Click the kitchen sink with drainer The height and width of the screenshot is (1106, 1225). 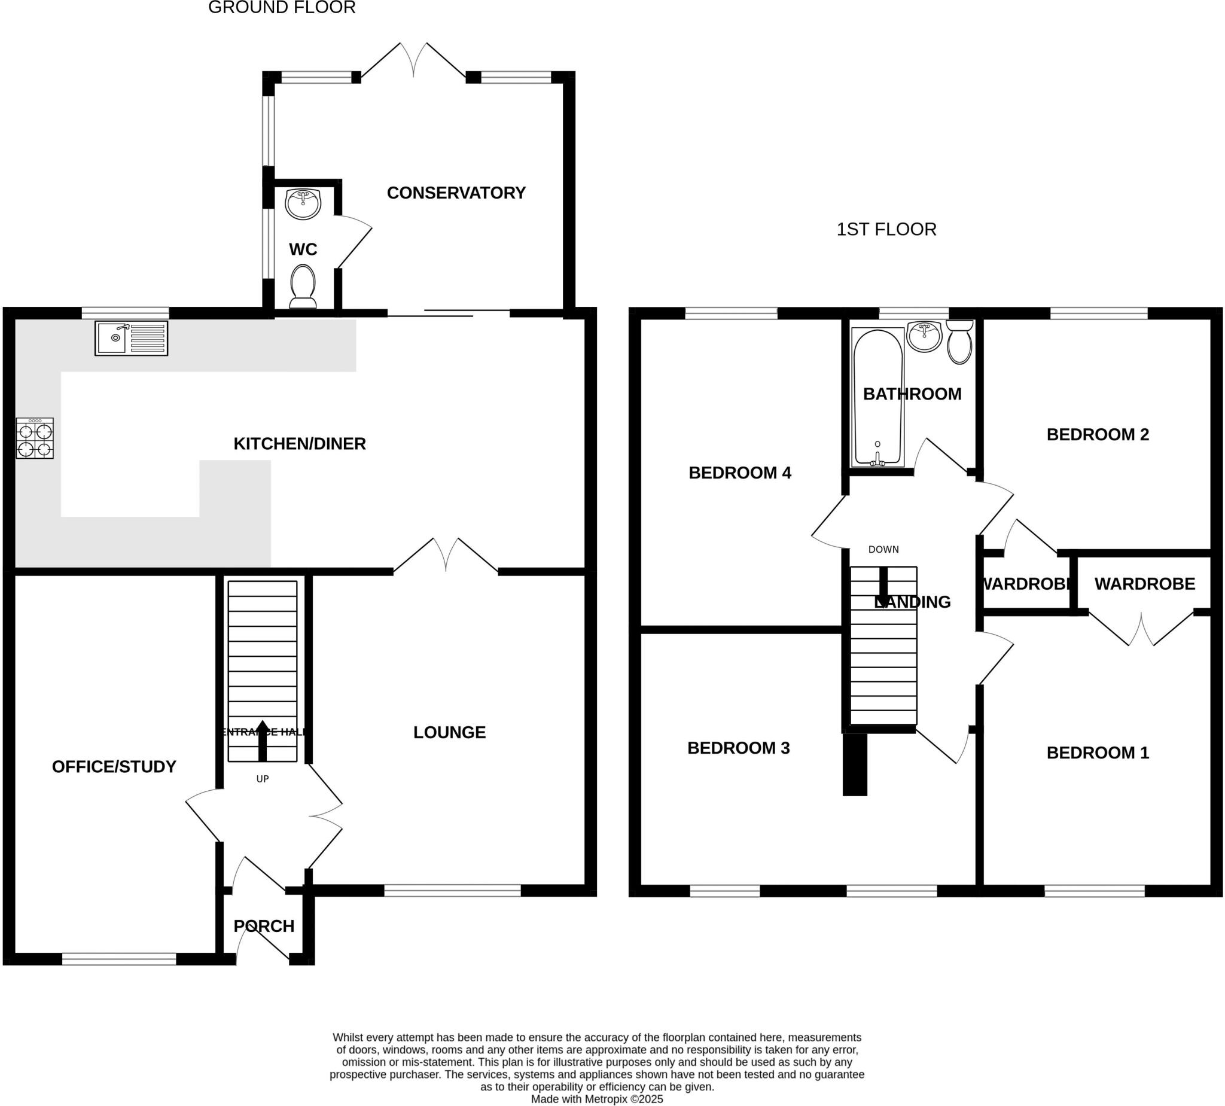click(x=131, y=338)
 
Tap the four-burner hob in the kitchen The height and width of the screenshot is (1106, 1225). click(x=35, y=438)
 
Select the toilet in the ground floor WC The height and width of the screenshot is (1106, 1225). click(x=303, y=287)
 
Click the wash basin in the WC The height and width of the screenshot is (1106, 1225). click(x=303, y=203)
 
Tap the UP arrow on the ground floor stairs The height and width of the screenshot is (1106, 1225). click(x=263, y=740)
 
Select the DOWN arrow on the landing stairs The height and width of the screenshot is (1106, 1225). click(x=883, y=582)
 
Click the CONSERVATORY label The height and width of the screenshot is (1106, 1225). click(x=456, y=193)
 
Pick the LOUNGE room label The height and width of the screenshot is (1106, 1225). click(x=449, y=732)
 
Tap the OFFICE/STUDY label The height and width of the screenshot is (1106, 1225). click(x=114, y=767)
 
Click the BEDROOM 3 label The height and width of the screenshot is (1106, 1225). click(x=738, y=748)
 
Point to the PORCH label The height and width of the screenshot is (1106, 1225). click(x=264, y=926)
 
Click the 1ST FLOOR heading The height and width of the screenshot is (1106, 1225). click(x=886, y=229)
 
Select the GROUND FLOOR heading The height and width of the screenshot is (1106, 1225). click(x=281, y=8)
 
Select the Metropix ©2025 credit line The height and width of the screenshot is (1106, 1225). click(x=597, y=1099)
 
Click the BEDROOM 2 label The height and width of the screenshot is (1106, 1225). click(x=1098, y=434)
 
